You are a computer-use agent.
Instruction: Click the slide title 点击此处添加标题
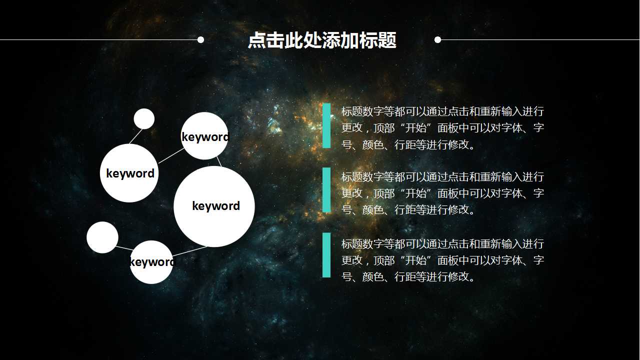322,40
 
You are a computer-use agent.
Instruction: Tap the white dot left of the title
200,39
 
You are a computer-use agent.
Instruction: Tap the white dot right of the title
437,39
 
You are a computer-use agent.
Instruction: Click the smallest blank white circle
144,118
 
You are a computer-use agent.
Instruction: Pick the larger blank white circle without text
102,237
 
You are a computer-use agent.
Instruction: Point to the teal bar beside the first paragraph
326,125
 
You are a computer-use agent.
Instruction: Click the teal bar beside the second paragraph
326,190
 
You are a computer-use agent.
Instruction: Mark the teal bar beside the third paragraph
326,255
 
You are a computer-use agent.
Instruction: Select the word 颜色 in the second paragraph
372,209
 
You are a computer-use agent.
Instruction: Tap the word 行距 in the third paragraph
405,276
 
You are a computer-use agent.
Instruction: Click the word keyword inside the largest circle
216,206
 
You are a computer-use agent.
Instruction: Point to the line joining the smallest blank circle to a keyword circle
135,136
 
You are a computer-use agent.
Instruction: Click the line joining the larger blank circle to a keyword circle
124,247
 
